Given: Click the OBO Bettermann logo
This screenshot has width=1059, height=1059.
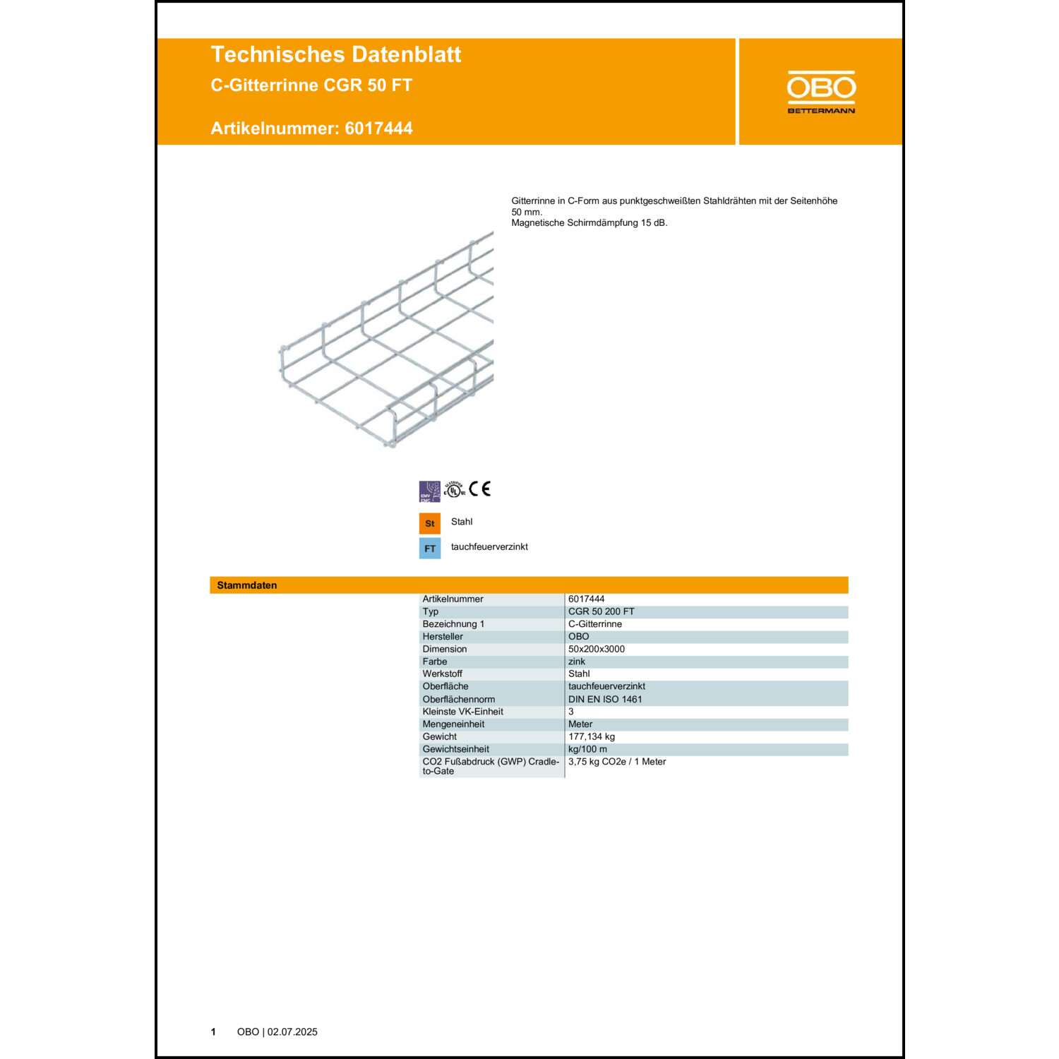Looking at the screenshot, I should (821, 92).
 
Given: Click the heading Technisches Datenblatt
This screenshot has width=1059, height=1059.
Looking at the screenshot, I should (335, 54).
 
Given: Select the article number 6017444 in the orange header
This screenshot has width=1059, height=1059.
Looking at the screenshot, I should (378, 128).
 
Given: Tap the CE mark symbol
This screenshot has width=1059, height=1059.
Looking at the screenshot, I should (480, 489).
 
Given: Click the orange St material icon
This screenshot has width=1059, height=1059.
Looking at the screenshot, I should (429, 523).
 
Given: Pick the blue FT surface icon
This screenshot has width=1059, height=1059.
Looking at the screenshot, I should (429, 549).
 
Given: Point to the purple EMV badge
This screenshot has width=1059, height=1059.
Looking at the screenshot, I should (429, 491).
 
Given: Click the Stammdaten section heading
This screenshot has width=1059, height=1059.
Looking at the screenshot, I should (247, 585).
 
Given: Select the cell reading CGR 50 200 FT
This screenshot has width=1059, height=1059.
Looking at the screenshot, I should (601, 611).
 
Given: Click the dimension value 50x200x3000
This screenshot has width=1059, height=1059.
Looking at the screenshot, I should (596, 649).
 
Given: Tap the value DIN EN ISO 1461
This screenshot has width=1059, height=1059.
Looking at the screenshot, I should (605, 699).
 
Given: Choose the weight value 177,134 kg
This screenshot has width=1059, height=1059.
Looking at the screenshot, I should (591, 736).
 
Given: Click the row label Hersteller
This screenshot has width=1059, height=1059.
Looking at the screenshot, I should (443, 636).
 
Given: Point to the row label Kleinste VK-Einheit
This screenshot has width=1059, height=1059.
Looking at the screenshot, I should (462, 712).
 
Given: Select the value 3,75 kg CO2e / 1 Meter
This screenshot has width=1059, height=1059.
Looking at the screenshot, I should (616, 762).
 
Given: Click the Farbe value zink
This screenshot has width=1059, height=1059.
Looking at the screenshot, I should (577, 662).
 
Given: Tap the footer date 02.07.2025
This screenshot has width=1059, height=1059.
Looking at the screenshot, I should (292, 1031).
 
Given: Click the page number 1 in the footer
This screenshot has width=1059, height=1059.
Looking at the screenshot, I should (213, 1031).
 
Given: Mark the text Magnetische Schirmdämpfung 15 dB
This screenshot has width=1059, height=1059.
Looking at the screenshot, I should (589, 223).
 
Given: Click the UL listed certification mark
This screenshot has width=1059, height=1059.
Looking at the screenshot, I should (454, 489).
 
